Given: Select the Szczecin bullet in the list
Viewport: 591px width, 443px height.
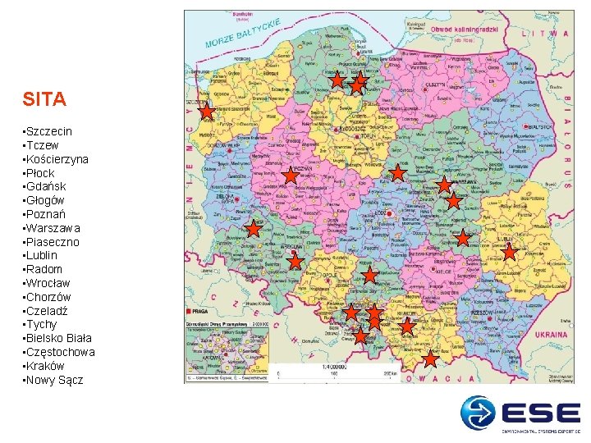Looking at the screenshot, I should coord(48,131).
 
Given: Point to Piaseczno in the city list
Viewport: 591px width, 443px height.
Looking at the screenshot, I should coord(53,242).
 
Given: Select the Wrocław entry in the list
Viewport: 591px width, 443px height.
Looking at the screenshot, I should coord(48,283).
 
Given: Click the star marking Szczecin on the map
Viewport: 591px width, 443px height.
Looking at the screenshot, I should coord(208,110).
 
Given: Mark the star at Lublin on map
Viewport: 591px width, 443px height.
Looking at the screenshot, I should coord(509,252).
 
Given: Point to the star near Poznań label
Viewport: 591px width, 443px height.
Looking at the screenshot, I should coord(291,175).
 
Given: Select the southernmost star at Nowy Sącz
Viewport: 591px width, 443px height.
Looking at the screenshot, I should coord(431,358).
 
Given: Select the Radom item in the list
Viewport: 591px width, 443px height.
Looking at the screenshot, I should coord(44,269).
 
